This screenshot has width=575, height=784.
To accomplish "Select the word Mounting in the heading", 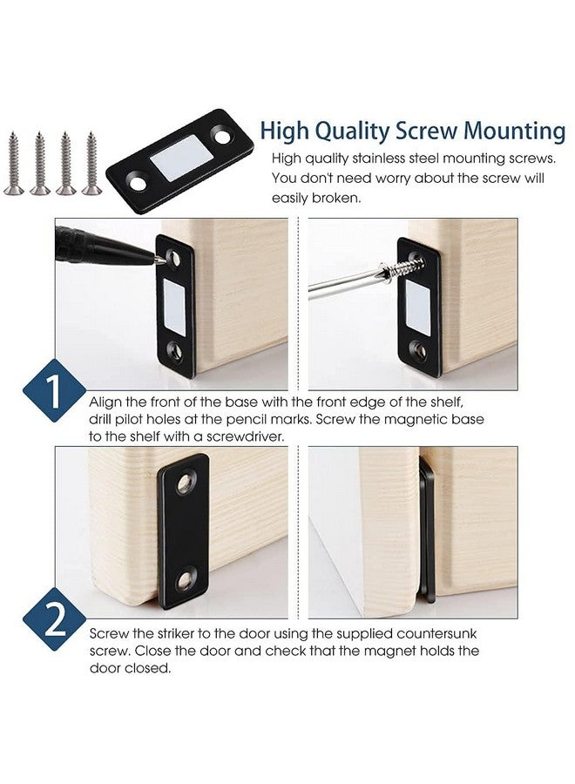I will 514,131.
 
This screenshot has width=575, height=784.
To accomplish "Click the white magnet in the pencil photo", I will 175,304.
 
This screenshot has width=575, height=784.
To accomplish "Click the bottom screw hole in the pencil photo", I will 175,352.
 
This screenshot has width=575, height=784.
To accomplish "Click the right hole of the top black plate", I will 224,139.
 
